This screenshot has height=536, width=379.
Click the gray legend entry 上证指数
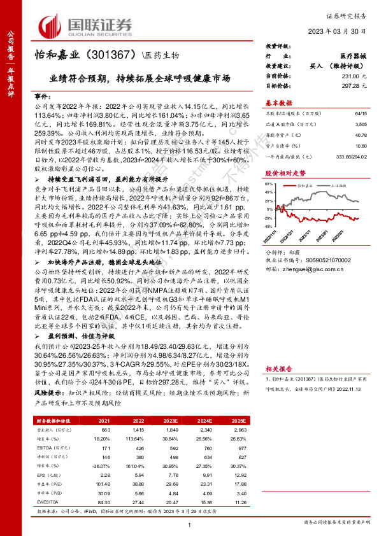click(341, 185)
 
